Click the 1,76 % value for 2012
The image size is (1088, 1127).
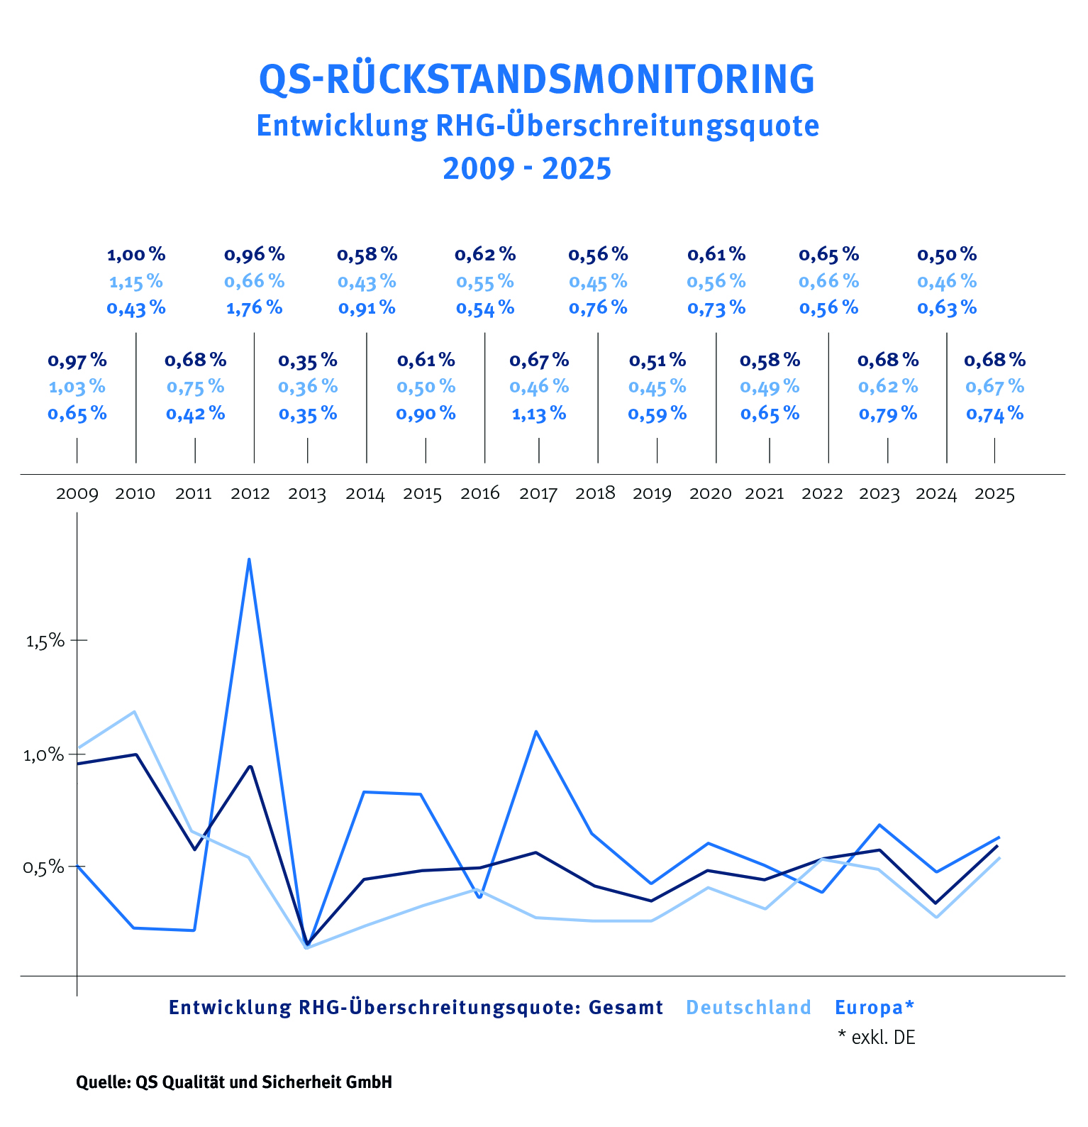click(x=254, y=308)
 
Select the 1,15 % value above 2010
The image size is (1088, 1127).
click(x=135, y=282)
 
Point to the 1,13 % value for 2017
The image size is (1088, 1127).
click(x=539, y=414)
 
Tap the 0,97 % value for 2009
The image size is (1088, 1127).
click(x=77, y=361)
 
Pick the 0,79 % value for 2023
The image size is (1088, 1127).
click(x=888, y=414)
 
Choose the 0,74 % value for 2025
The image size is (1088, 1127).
click(x=994, y=414)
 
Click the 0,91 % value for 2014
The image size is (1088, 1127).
click(x=367, y=308)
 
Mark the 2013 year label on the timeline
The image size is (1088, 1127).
click(x=307, y=494)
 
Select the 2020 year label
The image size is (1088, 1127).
click(x=710, y=494)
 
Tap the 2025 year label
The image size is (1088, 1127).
click(x=994, y=494)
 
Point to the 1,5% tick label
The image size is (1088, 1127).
click(x=45, y=641)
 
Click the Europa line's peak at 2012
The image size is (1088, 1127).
click(x=249, y=559)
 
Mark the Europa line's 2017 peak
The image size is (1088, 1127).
click(x=536, y=731)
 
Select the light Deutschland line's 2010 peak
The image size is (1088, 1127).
click(x=135, y=711)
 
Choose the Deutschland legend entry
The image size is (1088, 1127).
click(x=748, y=1008)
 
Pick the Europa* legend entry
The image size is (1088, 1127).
click(x=875, y=1008)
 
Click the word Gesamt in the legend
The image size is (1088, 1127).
click(x=626, y=1008)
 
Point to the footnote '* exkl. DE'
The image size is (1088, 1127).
click(x=877, y=1038)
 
